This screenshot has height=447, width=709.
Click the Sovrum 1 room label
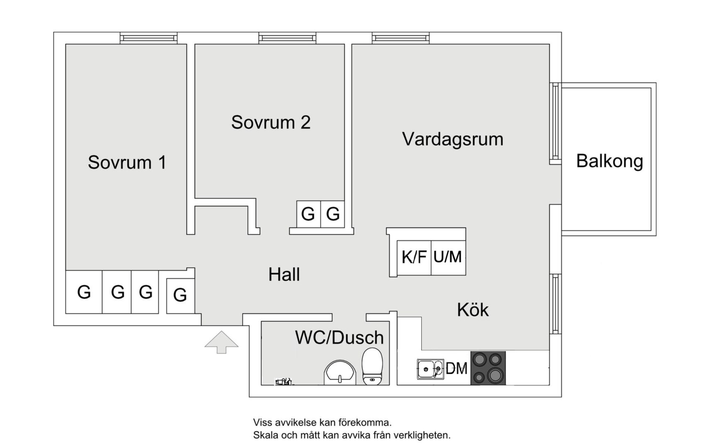127,163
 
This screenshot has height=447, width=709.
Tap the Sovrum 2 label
271,123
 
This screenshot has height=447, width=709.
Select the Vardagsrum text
453,139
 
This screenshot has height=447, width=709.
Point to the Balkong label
610,161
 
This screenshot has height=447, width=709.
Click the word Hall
284,274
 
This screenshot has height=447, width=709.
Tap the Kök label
473,310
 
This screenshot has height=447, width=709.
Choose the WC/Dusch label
339,337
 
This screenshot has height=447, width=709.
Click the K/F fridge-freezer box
414,257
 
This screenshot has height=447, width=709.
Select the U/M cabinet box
448,257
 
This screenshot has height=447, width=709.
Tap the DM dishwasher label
456,369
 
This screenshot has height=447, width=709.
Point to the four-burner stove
488,368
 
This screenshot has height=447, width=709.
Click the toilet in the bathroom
372,366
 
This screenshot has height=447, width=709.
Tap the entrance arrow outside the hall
221,342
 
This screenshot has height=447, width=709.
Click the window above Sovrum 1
148,38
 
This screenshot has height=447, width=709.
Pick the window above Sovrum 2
287,38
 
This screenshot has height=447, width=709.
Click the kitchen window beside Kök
556,304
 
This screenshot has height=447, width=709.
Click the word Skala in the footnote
266,435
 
